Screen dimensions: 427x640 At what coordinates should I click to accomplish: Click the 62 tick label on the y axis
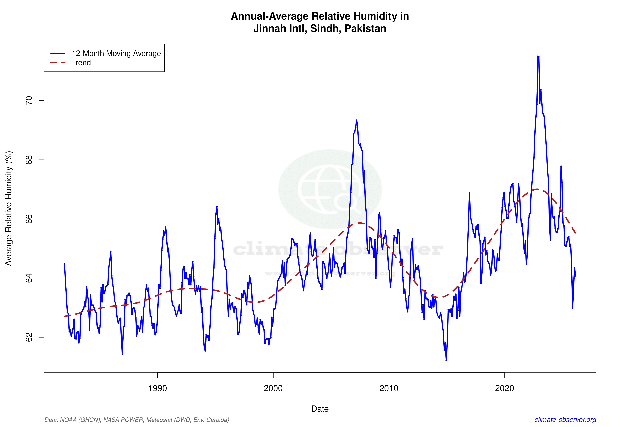click(29, 337)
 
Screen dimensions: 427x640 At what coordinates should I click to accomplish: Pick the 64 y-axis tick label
click(29, 278)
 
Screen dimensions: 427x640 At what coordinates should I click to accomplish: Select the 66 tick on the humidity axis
click(29, 219)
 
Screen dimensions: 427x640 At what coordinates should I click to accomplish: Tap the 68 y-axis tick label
click(29, 160)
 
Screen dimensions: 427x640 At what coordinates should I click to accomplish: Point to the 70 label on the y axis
click(29, 101)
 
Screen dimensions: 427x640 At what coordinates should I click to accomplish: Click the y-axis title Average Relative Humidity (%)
click(9, 208)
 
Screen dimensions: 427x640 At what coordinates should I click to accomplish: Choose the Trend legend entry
click(81, 63)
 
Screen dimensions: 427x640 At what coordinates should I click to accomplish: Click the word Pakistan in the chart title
click(365, 29)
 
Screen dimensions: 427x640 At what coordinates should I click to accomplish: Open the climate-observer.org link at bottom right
click(565, 420)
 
